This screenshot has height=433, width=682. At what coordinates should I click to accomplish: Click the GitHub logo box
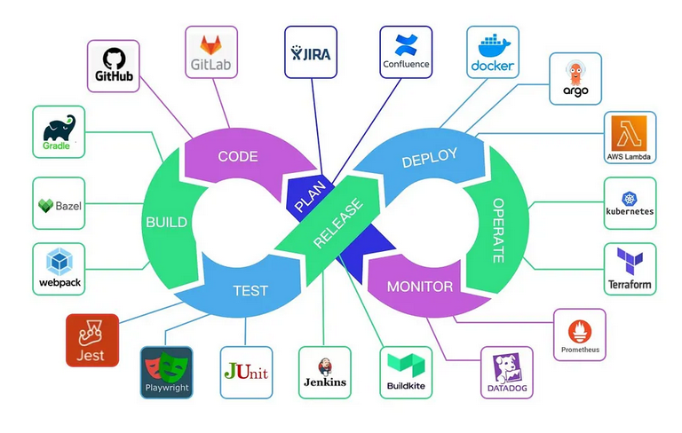[x=115, y=66]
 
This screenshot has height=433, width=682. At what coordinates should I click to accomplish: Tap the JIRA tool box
[x=310, y=52]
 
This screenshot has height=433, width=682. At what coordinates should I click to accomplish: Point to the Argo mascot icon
[x=575, y=71]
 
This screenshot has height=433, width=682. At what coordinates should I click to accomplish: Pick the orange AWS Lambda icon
[x=629, y=131]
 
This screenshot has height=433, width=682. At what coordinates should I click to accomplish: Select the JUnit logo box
[x=246, y=372]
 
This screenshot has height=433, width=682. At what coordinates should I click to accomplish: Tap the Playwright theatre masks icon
[x=167, y=365]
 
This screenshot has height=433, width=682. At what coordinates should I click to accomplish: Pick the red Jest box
[x=91, y=340]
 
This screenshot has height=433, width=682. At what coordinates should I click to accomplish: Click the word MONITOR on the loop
[x=421, y=287]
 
